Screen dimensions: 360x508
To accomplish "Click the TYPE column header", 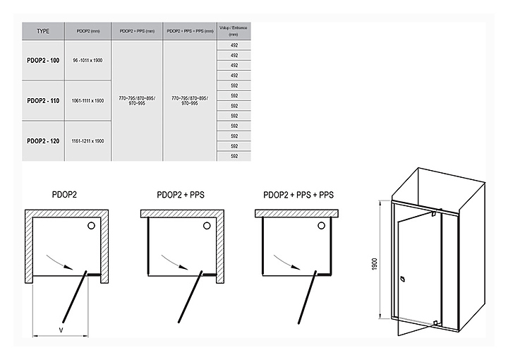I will pos(43,32).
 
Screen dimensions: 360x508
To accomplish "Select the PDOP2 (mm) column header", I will pos(87,32).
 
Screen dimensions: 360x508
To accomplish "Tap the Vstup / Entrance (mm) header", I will pos(234,32).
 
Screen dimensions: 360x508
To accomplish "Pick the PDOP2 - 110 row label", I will pos(43,100).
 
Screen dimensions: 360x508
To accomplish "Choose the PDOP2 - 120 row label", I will pos(43,140).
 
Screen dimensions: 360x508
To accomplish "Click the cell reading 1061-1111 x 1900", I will pos(87,101).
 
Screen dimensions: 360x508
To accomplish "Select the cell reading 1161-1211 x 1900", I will pos(87,140).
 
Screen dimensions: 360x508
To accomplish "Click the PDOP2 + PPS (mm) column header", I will pos(137,32).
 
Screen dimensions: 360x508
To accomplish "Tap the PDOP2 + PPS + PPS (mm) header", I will pos(189,32).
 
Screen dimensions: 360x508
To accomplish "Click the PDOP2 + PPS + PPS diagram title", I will pos(298,195).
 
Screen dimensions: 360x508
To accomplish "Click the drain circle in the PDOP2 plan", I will pos(90,226).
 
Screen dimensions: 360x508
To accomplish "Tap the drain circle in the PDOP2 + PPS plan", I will pos(205,226).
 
